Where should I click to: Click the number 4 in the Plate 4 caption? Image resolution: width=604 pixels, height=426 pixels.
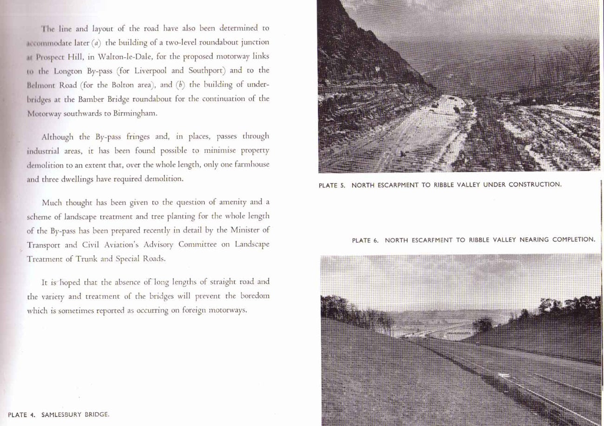(33, 415)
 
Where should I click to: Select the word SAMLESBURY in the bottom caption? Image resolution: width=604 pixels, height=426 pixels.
(60, 415)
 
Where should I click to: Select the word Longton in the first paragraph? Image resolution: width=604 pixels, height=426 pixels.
(70, 71)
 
